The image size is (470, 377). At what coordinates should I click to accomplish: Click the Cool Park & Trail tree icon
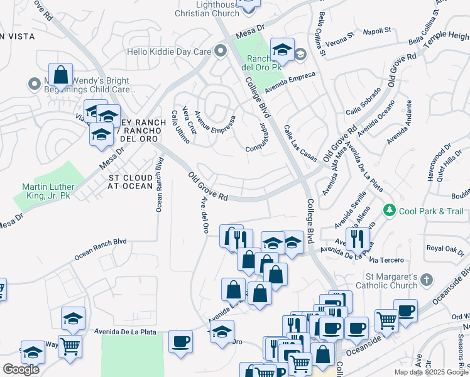pos(390,210)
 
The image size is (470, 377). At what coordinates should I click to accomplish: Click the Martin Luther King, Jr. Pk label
pos(48,191)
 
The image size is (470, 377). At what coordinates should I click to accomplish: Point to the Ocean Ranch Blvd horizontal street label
pos(101,249)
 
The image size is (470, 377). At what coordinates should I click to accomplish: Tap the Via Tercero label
pos(386,260)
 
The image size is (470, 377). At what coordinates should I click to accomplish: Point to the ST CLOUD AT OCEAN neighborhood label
pos(130,182)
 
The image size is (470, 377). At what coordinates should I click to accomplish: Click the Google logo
pos(21,369)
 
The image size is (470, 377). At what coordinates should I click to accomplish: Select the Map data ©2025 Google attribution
pos(431,372)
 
